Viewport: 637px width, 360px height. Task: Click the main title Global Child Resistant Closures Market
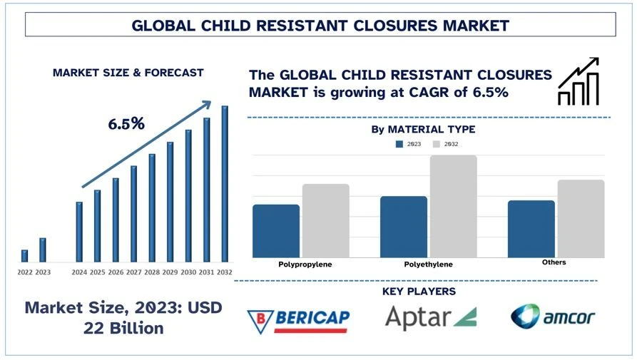point(320,25)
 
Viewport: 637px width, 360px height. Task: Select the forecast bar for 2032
point(225,184)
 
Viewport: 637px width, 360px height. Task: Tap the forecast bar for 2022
point(25,255)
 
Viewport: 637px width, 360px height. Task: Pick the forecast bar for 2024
point(79,232)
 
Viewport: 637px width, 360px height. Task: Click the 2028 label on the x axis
point(152,272)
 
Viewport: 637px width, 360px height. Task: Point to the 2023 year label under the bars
point(43,272)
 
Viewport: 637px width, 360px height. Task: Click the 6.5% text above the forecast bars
point(126,123)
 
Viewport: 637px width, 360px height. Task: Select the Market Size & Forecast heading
point(128,73)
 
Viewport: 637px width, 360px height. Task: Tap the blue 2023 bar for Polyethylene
point(404,227)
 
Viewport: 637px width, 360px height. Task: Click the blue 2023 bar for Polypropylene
point(276,231)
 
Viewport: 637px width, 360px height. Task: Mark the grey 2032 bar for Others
point(581,219)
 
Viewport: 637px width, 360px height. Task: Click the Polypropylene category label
point(305,264)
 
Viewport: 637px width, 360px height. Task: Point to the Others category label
point(554,262)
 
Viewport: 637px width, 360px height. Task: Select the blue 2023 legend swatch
point(399,144)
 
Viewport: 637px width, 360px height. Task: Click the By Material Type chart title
point(423,130)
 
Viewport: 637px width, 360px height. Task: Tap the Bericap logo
point(298,320)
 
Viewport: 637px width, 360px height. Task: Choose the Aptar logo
point(430,317)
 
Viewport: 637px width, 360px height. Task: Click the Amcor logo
point(554,317)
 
